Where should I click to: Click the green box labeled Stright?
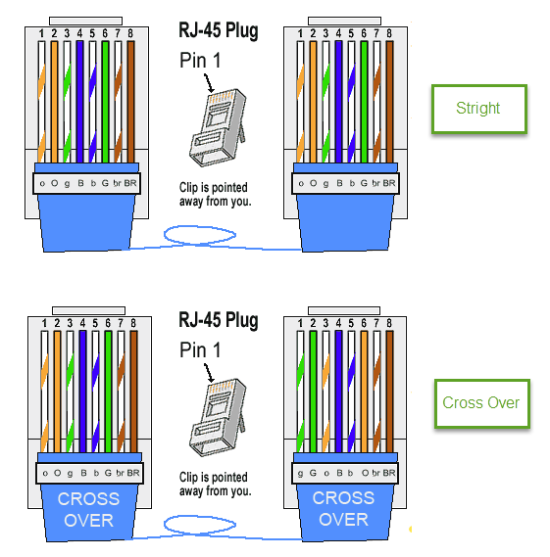(x=478, y=109)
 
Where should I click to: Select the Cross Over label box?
(x=482, y=403)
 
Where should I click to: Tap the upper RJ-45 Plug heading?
(x=218, y=31)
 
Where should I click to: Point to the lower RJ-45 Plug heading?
(x=218, y=320)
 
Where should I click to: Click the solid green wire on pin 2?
(x=313, y=392)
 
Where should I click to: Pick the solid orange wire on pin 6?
(x=364, y=392)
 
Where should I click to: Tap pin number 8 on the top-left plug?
(x=130, y=33)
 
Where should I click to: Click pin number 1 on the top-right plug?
(x=300, y=33)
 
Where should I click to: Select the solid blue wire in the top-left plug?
(x=79, y=102)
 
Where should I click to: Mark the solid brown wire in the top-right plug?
(x=389, y=102)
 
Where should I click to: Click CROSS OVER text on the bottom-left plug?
(x=88, y=510)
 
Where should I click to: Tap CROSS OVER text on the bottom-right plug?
(x=344, y=509)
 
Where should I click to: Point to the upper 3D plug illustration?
(x=218, y=127)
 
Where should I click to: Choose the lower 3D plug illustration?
(x=218, y=417)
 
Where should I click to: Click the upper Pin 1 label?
(x=200, y=60)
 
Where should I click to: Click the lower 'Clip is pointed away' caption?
(x=216, y=485)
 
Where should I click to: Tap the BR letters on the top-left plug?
(x=130, y=183)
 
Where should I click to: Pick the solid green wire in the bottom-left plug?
(x=108, y=392)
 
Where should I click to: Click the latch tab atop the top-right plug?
(x=344, y=21)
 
